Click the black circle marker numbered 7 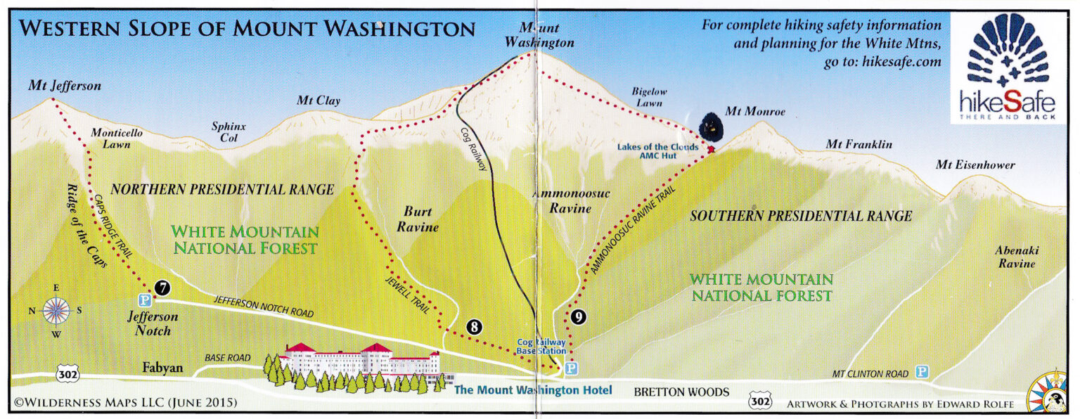162,287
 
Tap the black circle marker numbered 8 475,326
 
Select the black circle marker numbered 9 577,317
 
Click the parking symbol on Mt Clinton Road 921,372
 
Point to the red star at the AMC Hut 711,150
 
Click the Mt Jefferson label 65,86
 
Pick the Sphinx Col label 229,131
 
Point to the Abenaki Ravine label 1015,257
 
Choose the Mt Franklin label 859,145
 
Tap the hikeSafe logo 1008,69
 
